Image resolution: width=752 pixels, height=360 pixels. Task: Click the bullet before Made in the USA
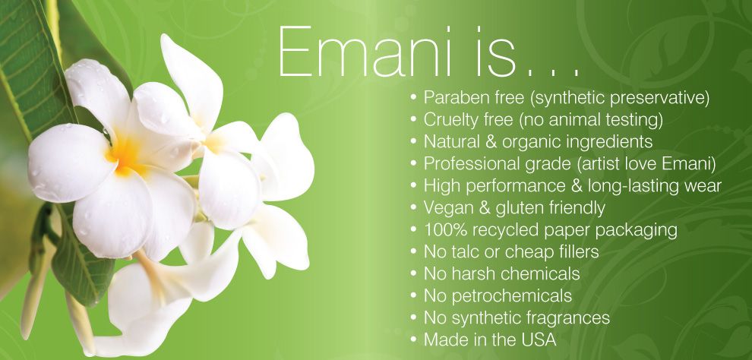(413, 340)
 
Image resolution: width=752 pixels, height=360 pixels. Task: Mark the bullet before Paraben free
(413, 98)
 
